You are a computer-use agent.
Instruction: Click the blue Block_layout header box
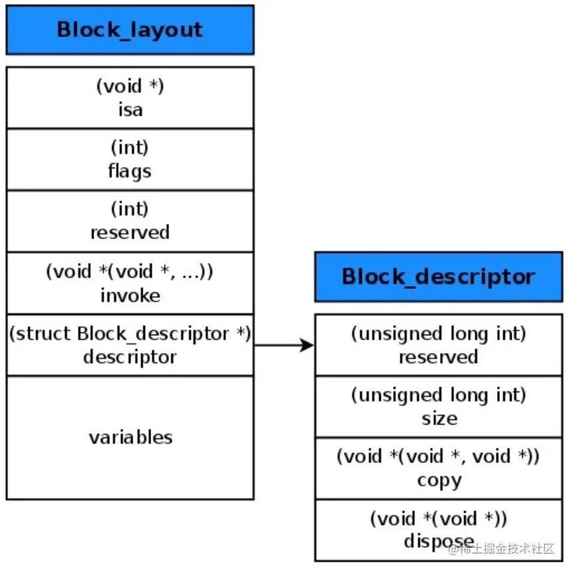(130, 30)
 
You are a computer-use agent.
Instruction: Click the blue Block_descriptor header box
(438, 276)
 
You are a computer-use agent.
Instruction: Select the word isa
(130, 109)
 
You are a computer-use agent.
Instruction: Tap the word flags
(130, 171)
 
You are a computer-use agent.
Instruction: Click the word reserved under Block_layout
(130, 233)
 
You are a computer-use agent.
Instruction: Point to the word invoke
(130, 295)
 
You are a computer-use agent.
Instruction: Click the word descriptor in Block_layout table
(130, 356)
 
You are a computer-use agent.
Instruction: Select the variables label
(131, 437)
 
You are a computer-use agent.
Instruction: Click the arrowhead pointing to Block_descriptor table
(307, 345)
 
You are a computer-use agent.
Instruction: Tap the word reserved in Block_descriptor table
(438, 356)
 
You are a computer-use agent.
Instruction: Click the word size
(439, 419)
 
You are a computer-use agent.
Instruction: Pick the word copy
(439, 480)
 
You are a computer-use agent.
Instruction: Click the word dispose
(439, 542)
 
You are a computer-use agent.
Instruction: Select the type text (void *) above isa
(130, 86)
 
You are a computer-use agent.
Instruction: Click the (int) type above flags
(130, 148)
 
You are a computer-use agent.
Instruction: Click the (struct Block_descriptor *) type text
(130, 333)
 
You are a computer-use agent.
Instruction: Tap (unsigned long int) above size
(438, 395)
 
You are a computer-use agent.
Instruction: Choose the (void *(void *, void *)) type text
(438, 457)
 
